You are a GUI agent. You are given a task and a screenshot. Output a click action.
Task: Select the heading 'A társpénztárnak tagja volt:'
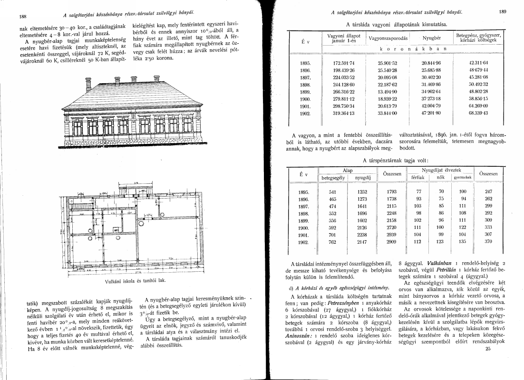pos(396,161)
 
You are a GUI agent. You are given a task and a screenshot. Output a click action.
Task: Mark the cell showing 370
pos(488,242)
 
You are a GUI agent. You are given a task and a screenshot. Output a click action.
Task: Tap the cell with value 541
pos(332,191)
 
